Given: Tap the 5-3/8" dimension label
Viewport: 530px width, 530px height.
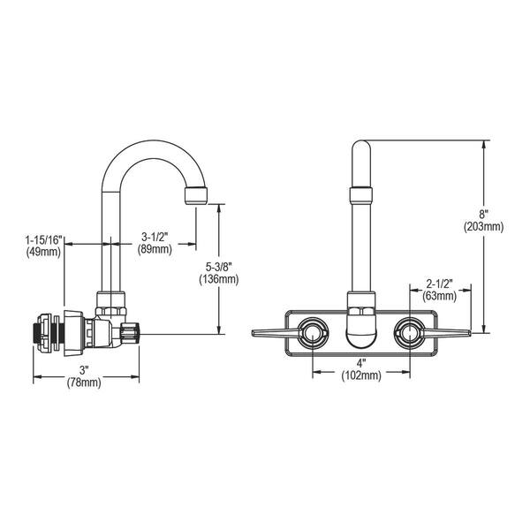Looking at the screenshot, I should click(219, 267).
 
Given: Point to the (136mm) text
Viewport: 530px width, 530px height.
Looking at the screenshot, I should click(219, 280).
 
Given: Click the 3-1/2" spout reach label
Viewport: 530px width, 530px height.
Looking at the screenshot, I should click(156, 236).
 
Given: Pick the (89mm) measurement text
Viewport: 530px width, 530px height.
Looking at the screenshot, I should click(156, 249).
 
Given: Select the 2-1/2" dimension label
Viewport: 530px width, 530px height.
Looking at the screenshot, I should click(438, 284).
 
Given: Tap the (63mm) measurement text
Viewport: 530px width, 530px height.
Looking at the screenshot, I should click(438, 297).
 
